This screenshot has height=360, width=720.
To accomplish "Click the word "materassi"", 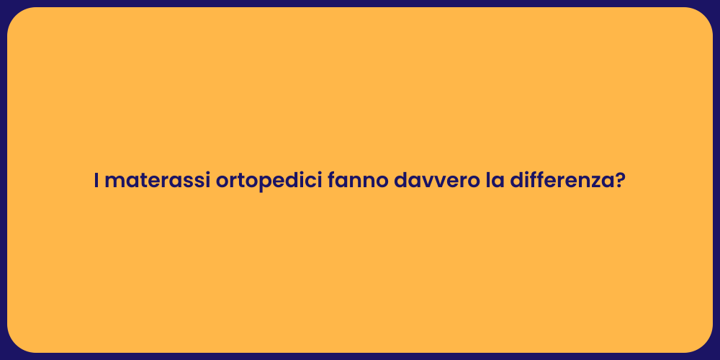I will click(157, 181).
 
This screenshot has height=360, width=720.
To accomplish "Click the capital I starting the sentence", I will click(96, 181).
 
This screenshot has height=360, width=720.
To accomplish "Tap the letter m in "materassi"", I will click(112, 182).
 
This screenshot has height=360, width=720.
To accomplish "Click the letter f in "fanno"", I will click(332, 180).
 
